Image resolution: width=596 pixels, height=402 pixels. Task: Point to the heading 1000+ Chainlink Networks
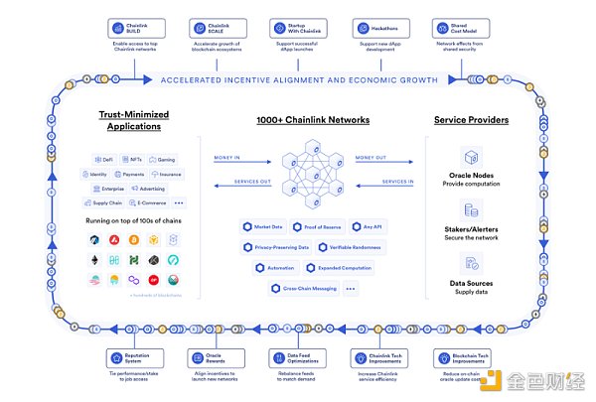point(298,120)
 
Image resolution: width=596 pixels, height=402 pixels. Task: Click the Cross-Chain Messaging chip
point(301,288)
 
